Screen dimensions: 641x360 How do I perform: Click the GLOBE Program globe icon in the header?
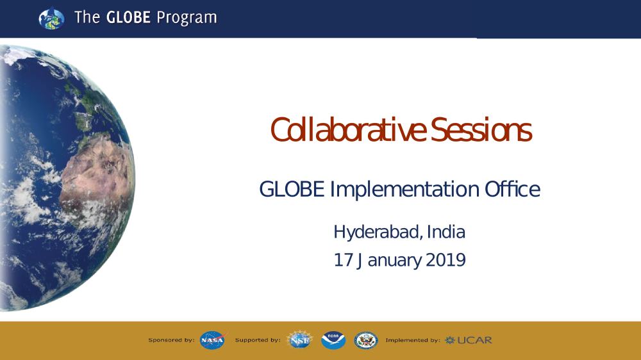51,18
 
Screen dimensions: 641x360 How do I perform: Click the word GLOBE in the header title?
128,17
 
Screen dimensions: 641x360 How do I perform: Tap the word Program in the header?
187,18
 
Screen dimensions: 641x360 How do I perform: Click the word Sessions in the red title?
481,130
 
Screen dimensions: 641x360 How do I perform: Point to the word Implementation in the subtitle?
404,189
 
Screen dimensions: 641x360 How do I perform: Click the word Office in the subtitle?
512,189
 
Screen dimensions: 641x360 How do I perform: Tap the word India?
446,232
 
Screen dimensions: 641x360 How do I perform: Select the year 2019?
445,260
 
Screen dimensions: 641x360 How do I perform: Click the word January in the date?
389,261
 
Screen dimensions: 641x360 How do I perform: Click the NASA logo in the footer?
213,340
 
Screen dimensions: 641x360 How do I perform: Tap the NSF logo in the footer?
299,340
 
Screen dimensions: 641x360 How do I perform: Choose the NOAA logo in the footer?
333,340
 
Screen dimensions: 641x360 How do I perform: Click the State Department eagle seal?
366,340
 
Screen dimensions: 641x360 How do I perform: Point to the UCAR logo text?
469,340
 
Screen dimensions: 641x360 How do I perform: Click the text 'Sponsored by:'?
171,340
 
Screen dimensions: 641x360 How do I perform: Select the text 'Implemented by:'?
413,340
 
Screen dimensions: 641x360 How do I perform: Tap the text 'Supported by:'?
258,340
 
